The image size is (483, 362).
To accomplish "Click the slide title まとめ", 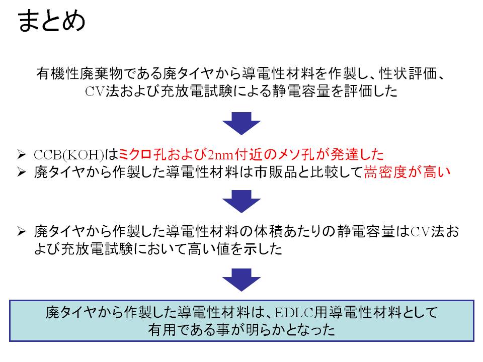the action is click(51, 21).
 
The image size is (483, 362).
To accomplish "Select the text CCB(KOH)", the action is click(69, 154).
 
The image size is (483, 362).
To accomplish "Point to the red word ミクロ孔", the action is click(142, 154).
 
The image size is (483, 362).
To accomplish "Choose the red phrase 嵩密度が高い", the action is click(407, 172).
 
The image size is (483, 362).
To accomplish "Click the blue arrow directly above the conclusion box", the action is click(242, 280).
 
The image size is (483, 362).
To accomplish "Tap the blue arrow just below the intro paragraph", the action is click(242, 124).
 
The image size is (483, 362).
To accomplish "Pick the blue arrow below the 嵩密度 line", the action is click(242, 202).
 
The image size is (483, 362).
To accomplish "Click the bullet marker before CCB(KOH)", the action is click(22, 154).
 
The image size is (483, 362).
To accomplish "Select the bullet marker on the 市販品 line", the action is click(22, 172).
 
